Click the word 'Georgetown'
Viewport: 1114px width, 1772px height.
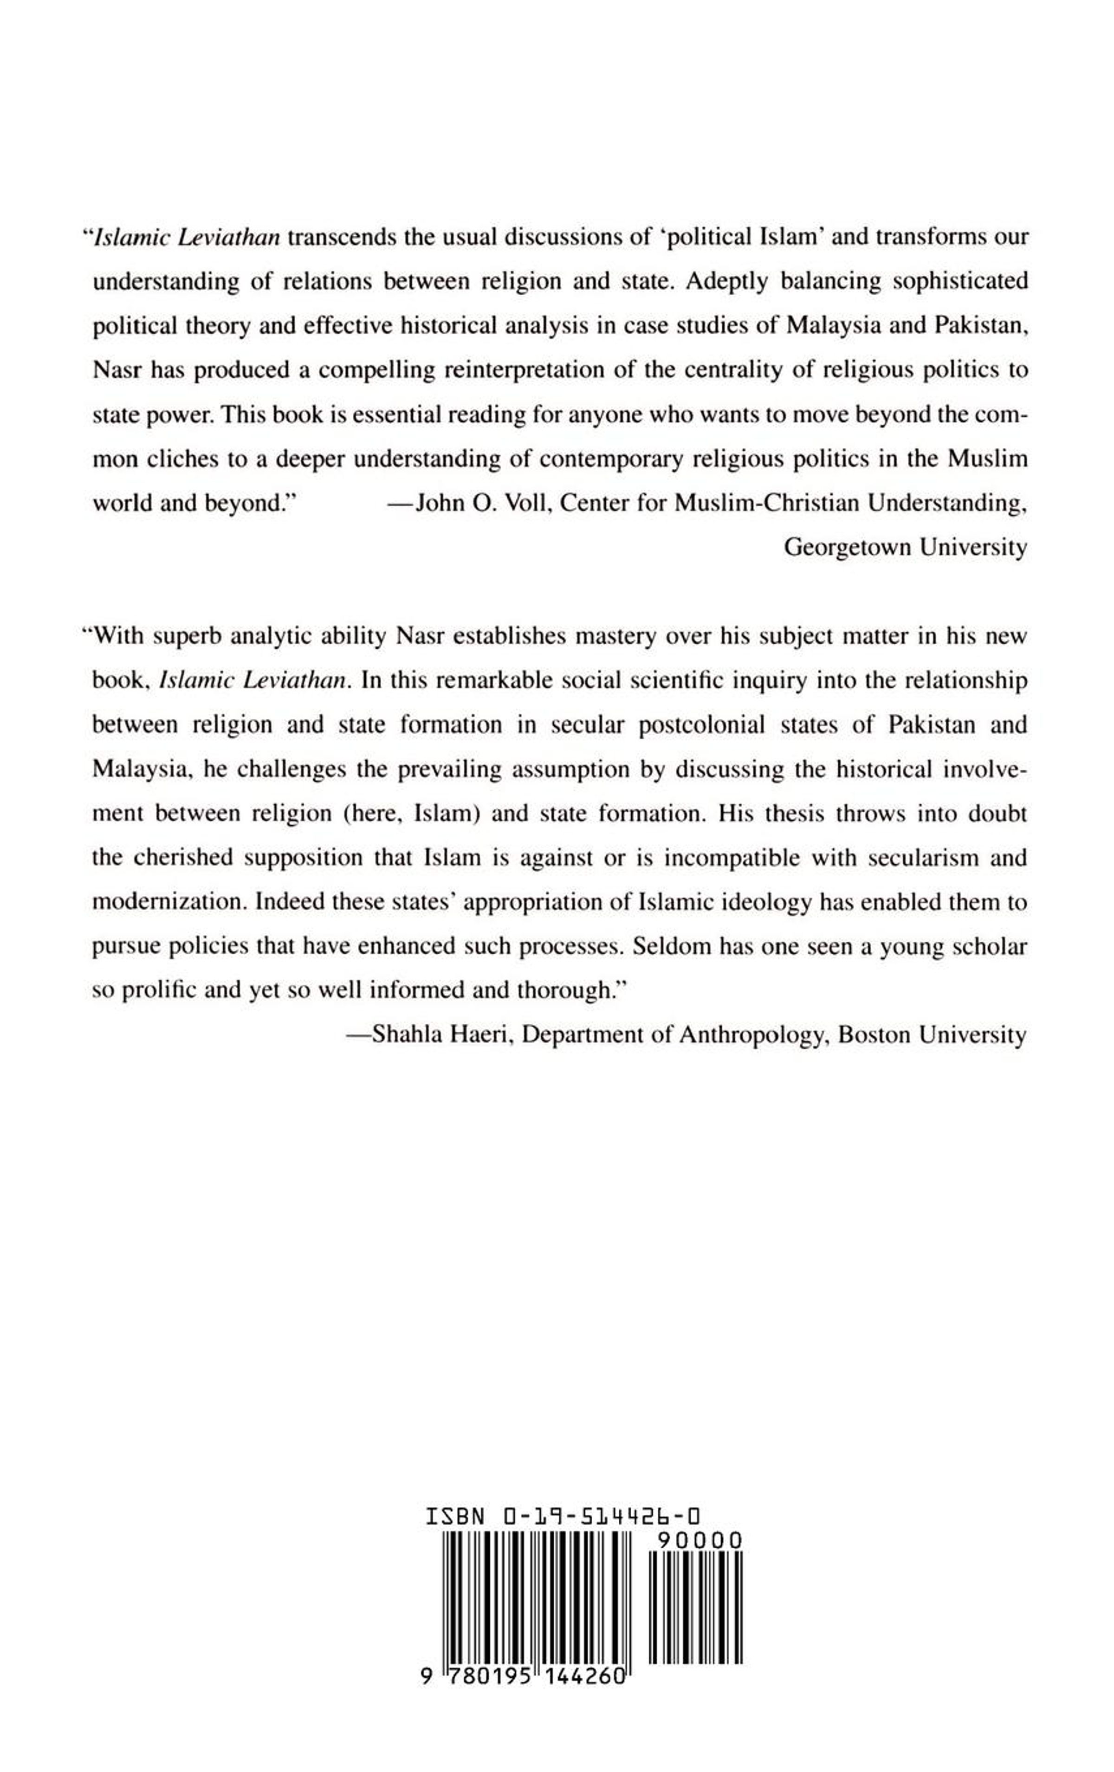point(844,548)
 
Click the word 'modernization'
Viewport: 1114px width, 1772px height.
point(168,902)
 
